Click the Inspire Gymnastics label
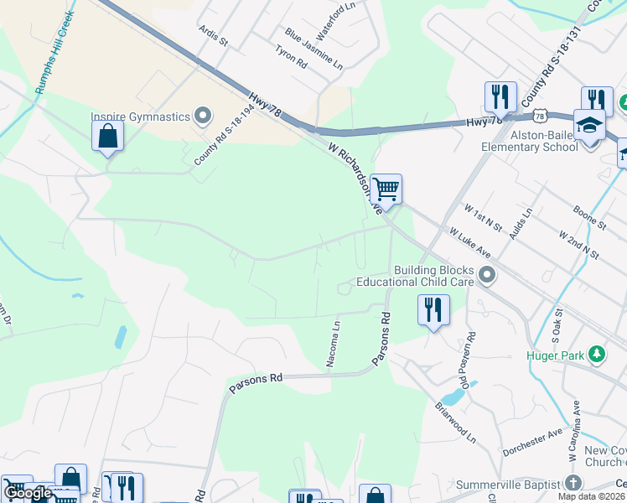click(x=141, y=117)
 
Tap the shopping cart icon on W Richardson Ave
click(x=386, y=189)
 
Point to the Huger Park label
click(x=556, y=355)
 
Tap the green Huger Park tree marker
click(x=596, y=354)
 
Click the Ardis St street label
click(x=214, y=35)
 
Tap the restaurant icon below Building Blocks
click(x=433, y=310)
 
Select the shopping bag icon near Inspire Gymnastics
click(x=107, y=135)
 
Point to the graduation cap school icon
click(x=589, y=125)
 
